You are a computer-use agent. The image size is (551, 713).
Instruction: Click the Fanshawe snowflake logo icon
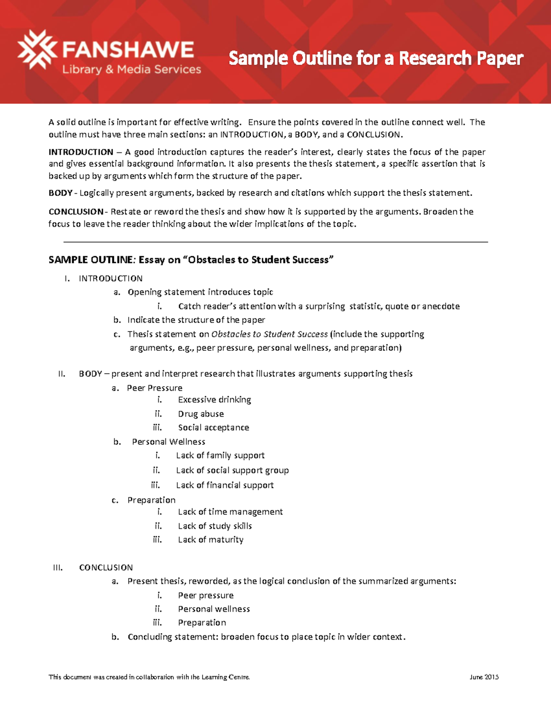(x=37, y=50)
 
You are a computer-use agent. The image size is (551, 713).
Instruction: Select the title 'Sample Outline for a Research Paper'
(x=376, y=59)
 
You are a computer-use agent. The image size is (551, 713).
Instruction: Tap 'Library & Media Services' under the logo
(x=132, y=69)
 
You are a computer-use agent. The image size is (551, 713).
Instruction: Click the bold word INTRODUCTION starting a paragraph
(x=81, y=152)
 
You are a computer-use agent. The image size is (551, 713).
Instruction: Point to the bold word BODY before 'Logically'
(x=60, y=193)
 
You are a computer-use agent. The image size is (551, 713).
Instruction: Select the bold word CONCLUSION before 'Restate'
(x=76, y=212)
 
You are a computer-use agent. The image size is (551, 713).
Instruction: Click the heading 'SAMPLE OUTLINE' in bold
(x=90, y=260)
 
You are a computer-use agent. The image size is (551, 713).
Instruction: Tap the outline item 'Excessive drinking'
(x=214, y=400)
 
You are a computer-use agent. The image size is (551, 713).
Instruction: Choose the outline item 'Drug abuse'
(x=201, y=414)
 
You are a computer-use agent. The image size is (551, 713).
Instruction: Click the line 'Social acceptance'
(x=214, y=428)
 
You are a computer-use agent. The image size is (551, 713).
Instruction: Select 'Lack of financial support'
(x=225, y=485)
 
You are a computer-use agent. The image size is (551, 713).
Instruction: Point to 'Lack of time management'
(x=230, y=512)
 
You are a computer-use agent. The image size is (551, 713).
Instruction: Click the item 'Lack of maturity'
(x=210, y=540)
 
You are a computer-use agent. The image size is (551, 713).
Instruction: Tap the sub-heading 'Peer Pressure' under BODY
(x=154, y=388)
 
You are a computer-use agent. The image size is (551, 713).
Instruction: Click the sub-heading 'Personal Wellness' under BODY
(x=169, y=442)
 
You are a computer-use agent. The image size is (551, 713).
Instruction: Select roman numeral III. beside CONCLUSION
(x=58, y=568)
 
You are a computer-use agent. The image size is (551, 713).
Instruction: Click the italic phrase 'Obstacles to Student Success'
(x=270, y=334)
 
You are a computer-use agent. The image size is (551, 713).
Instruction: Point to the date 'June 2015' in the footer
(x=484, y=677)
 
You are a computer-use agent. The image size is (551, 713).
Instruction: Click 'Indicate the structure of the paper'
(x=196, y=320)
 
